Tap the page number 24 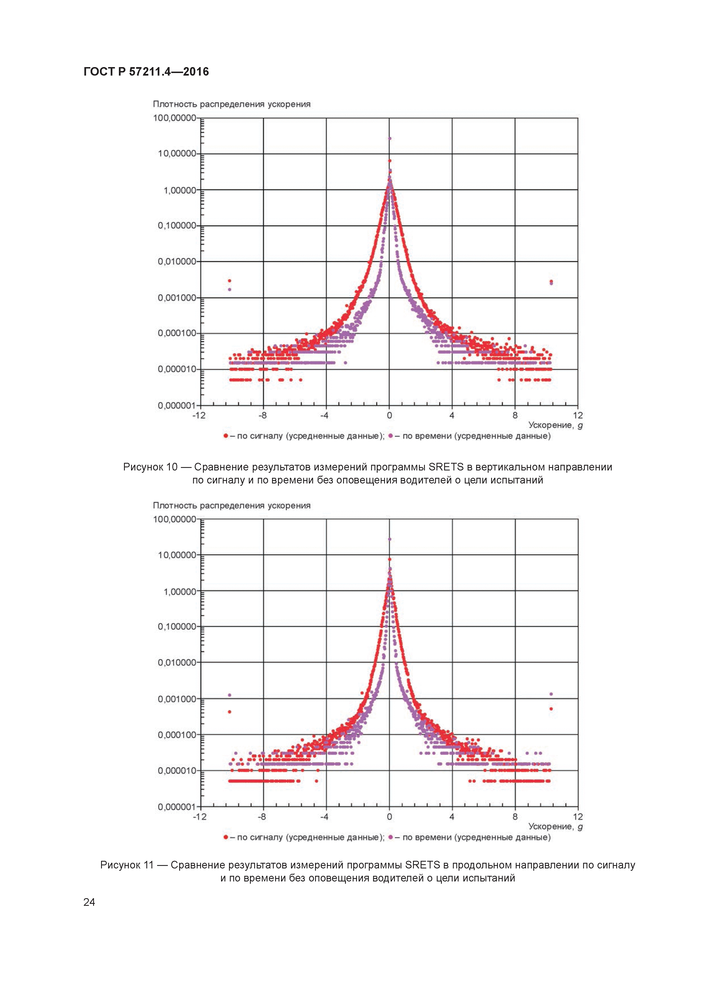[x=89, y=902]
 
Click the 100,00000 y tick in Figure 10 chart [x=175, y=118]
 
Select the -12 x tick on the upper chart [x=199, y=416]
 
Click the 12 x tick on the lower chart [x=578, y=817]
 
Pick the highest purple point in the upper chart [x=389, y=138]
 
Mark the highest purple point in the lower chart [x=389, y=539]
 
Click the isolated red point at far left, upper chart [x=230, y=281]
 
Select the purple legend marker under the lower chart [x=391, y=837]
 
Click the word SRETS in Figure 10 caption [x=446, y=467]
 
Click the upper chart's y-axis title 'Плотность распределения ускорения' [x=231, y=104]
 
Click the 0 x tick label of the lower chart [x=389, y=817]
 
